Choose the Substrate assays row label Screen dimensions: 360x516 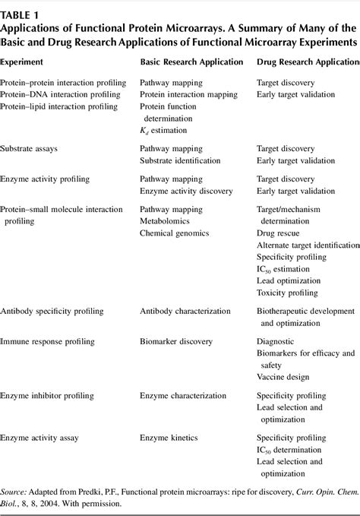tap(30, 147)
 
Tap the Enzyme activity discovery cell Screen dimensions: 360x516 tap(184, 192)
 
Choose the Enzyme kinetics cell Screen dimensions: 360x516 tap(168, 438)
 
